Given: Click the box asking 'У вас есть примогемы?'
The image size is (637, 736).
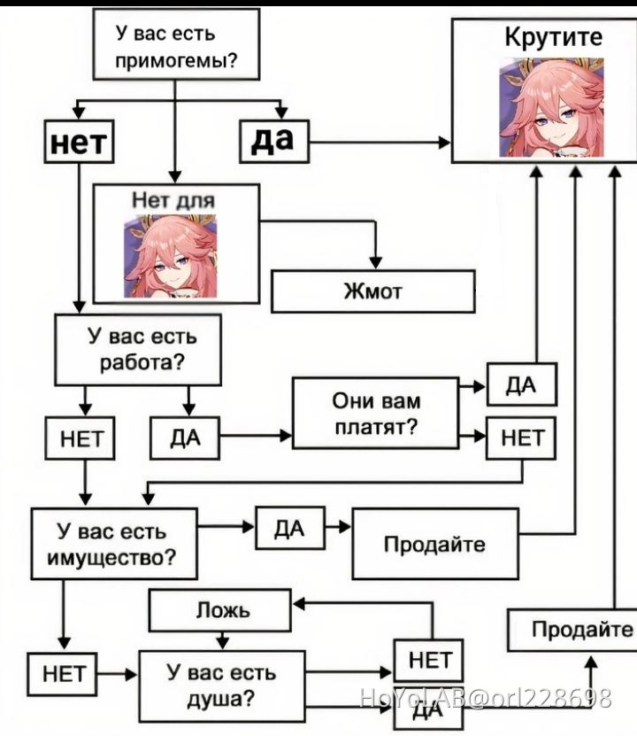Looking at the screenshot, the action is point(176,44).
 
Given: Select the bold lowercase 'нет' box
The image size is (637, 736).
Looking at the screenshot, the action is point(79,142).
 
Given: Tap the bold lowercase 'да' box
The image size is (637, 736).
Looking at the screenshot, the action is point(274,142).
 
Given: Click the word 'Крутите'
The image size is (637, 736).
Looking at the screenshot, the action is point(554,36).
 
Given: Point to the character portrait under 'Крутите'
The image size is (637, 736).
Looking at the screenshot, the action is point(552,107).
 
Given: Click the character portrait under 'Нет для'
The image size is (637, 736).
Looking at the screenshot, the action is point(170,256).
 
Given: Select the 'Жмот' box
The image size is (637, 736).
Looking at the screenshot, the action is point(373,291).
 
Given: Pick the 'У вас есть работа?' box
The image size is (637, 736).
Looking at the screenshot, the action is point(138,350).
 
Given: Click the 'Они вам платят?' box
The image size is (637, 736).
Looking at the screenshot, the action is point(375,413).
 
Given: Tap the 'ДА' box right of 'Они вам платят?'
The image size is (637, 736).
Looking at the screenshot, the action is point(522,384).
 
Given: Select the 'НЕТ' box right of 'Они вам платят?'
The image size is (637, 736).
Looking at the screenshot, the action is point(521,438).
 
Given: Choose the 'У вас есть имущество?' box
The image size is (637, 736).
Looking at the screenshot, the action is point(114,544).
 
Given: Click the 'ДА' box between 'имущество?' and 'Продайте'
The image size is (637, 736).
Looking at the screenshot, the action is point(290,528).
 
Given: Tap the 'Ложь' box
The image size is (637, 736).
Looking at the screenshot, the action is point(219,610).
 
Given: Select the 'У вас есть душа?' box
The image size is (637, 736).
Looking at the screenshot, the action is point(222,686).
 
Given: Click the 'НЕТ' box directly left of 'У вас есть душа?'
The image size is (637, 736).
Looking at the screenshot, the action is point(62,674).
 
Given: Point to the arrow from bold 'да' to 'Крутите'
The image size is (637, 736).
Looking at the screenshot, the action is point(380,143).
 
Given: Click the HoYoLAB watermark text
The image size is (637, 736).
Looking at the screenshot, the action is point(486,698).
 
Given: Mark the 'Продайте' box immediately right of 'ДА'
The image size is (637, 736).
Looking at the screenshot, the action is point(435,544).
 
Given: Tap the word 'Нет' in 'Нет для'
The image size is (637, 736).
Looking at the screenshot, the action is point(150,200).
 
